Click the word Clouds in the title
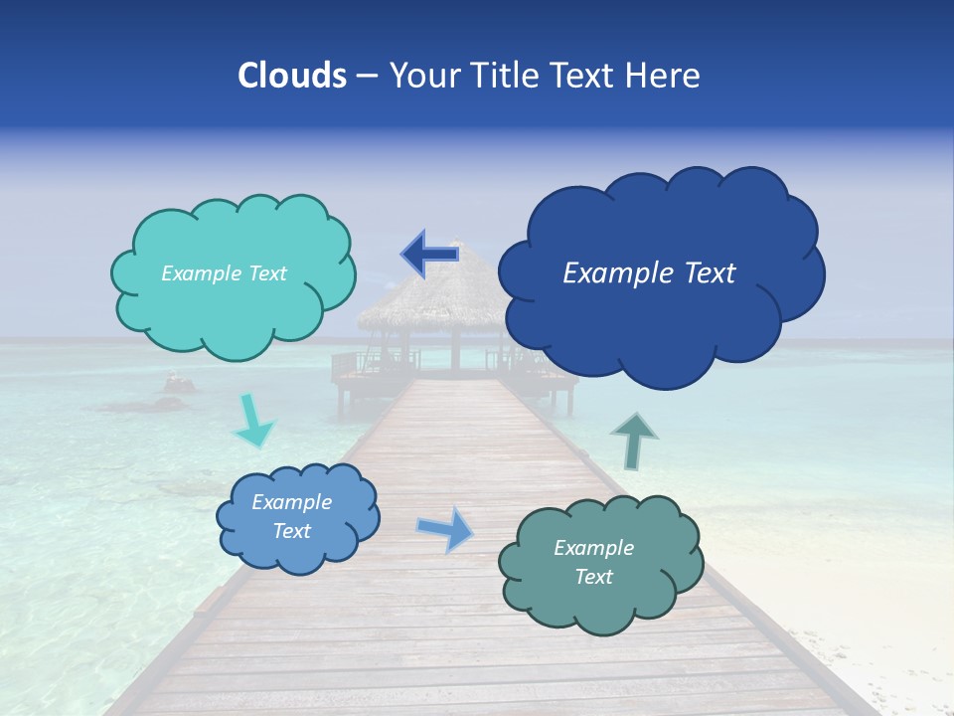[291, 76]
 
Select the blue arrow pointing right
[445, 529]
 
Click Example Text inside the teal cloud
[224, 273]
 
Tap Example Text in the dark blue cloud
[649, 273]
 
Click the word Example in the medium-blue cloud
[291, 503]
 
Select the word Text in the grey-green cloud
[593, 577]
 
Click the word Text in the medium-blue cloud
[291, 531]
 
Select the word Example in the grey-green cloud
[593, 548]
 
